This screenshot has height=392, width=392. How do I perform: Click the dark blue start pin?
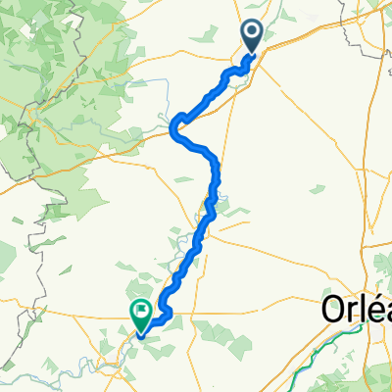pos(252,36)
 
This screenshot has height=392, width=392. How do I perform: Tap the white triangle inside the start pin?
pos(252,34)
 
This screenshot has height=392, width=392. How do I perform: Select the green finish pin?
pos(140,314)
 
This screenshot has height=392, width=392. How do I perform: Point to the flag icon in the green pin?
pos(140,312)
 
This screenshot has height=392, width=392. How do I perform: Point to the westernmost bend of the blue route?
pos(173,126)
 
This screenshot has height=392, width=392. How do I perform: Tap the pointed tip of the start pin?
pos(252,55)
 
